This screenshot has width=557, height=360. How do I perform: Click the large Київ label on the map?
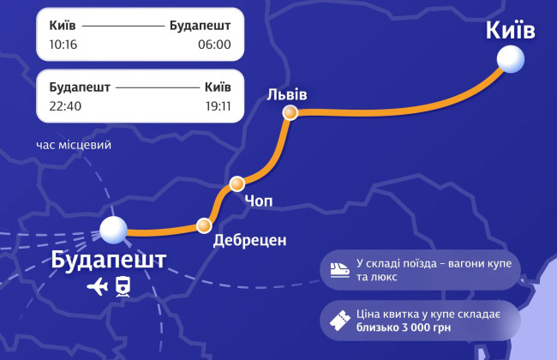click(x=510, y=30)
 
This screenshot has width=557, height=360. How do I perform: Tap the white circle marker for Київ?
click(x=511, y=59)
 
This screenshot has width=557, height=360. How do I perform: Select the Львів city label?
click(x=287, y=93)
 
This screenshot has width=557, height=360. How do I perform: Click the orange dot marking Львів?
click(x=290, y=112)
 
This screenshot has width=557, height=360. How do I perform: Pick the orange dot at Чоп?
click(x=237, y=183)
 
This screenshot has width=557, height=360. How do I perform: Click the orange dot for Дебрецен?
click(x=204, y=226)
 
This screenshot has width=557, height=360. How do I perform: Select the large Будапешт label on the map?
click(x=109, y=260)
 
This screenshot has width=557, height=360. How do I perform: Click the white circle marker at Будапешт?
click(x=113, y=230)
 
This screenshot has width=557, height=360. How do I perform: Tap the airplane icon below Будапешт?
click(x=97, y=287)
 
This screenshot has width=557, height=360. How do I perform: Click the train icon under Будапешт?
click(x=123, y=287)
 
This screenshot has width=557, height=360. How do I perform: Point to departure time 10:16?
click(x=64, y=45)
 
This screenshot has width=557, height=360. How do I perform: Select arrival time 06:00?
click(x=214, y=45)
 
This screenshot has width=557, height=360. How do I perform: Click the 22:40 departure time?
click(x=65, y=107)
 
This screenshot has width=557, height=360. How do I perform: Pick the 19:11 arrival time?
click(x=215, y=107)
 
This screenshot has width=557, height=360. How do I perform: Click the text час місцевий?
click(x=74, y=145)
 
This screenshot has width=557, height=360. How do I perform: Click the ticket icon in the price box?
click(x=339, y=321)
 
